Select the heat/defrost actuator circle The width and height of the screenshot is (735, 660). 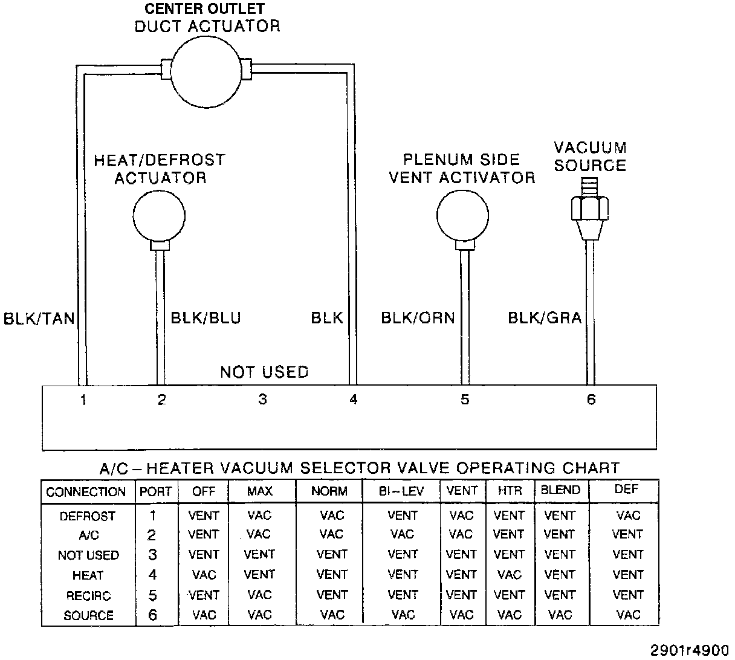[159, 216]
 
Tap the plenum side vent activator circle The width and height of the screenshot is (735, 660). [462, 216]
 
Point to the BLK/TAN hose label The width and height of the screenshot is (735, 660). [39, 319]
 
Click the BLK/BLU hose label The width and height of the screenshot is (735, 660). [206, 318]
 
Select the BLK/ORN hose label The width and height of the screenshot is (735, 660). [418, 318]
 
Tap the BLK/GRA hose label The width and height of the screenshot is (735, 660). [545, 318]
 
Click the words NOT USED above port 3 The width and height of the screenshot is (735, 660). [264, 372]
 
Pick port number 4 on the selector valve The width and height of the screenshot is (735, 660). [354, 400]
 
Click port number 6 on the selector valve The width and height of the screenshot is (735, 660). [591, 400]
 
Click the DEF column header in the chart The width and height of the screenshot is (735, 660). [626, 490]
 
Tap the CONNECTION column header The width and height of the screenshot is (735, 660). [86, 492]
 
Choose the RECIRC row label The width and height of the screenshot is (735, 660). [88, 596]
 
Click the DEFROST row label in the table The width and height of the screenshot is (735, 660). [88, 516]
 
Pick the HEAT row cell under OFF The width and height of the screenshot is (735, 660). [204, 575]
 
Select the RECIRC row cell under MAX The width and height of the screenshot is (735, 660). [259, 595]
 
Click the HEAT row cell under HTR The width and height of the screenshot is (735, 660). [509, 575]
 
